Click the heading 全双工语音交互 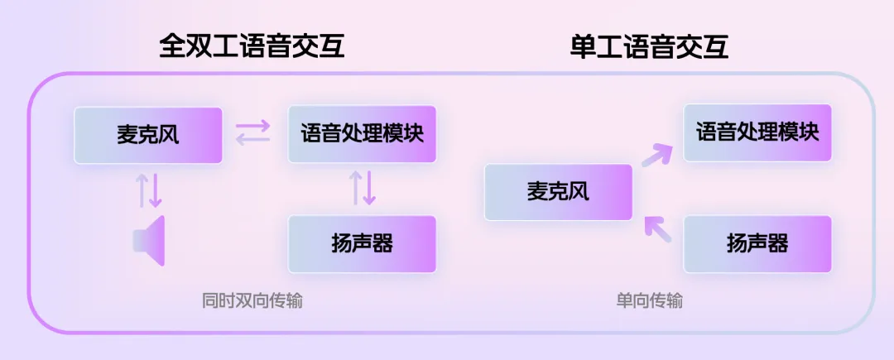(x=252, y=46)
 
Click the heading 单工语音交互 (x=650, y=46)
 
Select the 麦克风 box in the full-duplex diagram (x=148, y=135)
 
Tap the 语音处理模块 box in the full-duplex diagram (x=362, y=133)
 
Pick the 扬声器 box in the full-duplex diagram (x=362, y=244)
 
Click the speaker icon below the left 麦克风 (x=150, y=241)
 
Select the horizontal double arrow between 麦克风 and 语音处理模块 (x=252, y=133)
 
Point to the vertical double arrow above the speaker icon (x=150, y=190)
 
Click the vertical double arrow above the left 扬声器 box (x=363, y=188)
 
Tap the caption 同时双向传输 (x=252, y=300)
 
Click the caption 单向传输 (x=650, y=300)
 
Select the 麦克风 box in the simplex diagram (x=558, y=192)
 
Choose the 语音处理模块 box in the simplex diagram (x=757, y=132)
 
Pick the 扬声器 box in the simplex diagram (x=757, y=244)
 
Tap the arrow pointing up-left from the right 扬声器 (x=657, y=228)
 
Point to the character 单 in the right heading (x=584, y=46)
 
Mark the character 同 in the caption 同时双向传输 (x=209, y=300)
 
